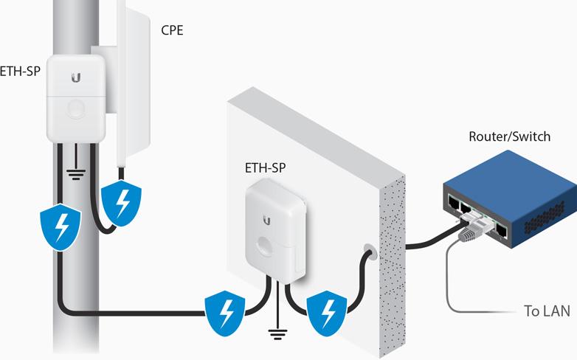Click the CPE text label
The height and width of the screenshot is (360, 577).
coord(173,31)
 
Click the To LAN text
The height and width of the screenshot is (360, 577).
coord(547,311)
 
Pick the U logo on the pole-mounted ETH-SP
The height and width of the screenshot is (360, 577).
coord(76,77)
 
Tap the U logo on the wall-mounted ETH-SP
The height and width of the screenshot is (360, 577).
coord(266,218)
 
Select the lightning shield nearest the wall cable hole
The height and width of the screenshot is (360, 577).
coord(325,310)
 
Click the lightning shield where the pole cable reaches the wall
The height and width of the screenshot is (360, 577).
coord(224,311)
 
